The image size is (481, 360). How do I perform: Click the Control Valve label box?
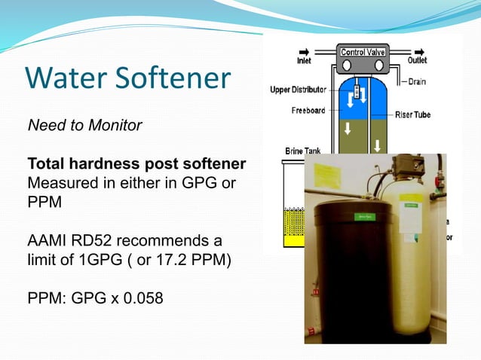point(364,53)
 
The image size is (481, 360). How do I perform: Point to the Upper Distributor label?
point(299,91)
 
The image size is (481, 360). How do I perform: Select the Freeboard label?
point(308,111)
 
